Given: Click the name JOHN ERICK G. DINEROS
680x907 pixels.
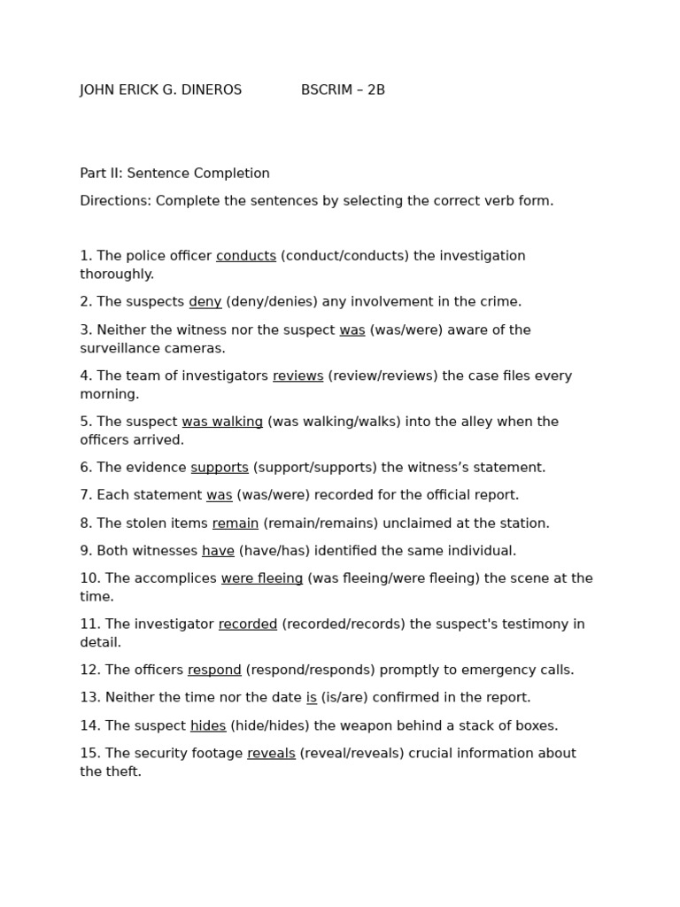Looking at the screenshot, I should point(160,90).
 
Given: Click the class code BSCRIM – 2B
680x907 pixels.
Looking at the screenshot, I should point(343,90).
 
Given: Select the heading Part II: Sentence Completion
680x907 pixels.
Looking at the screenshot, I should point(174,174).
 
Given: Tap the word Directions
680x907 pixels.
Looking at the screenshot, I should point(115,201).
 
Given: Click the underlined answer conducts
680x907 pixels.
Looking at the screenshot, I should point(246,256).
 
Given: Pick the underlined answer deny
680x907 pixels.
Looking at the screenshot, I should point(205,302).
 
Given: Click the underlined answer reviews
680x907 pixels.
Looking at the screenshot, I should point(297,376).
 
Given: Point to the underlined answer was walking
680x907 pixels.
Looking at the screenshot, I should point(222,422).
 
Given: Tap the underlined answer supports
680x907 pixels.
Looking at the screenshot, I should point(220,468).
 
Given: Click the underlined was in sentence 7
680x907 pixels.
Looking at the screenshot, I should point(220,495).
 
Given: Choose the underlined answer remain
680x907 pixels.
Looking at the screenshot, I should point(236,523).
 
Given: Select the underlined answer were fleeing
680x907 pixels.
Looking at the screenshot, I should point(262,578).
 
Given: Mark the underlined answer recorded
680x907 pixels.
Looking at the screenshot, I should point(248,624).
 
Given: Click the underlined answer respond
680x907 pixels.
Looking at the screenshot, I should point(214,671).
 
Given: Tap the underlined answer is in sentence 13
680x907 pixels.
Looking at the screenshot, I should point(312,698).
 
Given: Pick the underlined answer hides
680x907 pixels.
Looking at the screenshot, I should point(208,726).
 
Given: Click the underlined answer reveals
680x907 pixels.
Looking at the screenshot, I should point(271,754).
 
